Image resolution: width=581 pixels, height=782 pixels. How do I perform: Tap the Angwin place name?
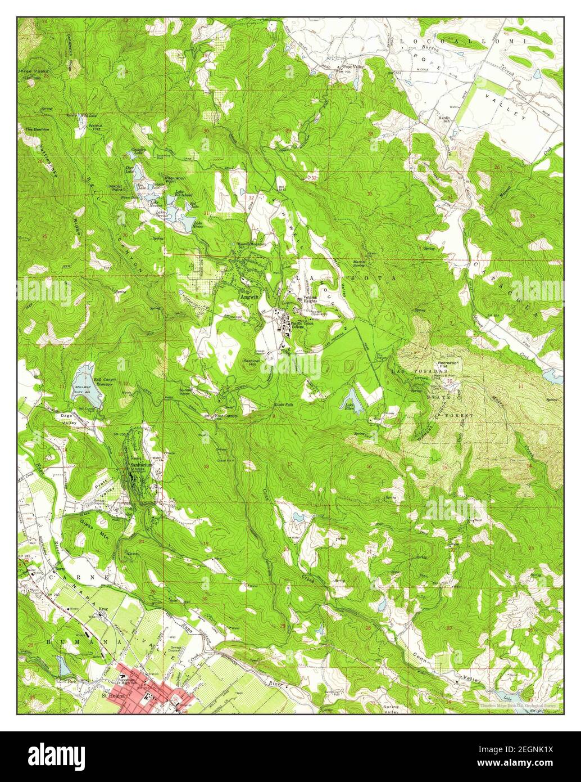pos(246,296)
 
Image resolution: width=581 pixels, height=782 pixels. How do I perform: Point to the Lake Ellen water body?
pos(349,400)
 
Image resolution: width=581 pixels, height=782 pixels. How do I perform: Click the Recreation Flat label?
pos(448,366)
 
